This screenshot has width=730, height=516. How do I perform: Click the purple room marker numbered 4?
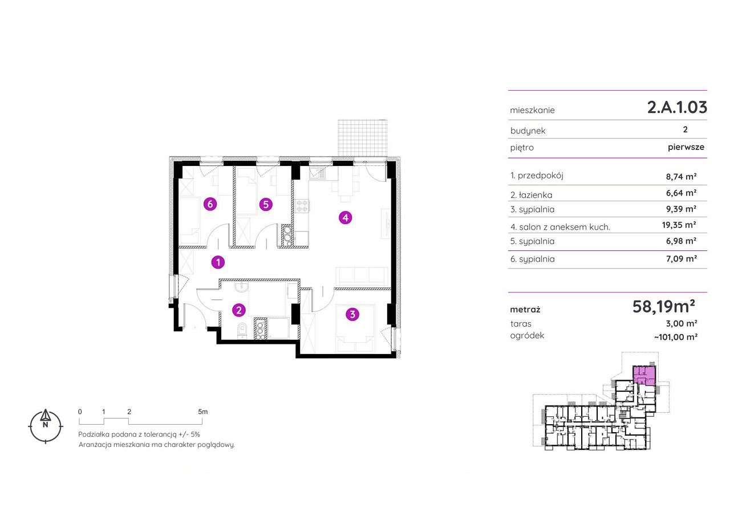(344, 217)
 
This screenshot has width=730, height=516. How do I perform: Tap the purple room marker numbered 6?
(210, 204)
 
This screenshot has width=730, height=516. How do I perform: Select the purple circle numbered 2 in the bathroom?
(239, 310)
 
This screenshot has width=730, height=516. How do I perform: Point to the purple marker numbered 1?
(218, 262)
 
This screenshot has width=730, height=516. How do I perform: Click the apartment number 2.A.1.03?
(677, 107)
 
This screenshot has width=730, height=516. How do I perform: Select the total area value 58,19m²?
(663, 307)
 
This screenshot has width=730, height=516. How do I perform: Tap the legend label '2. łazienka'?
(532, 195)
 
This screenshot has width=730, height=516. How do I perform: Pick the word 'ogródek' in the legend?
(527, 336)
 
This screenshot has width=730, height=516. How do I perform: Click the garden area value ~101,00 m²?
(676, 336)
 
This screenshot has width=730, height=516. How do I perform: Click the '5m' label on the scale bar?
(203, 411)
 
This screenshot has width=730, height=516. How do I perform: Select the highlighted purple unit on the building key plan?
(644, 375)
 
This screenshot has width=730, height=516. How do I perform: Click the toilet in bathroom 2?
(241, 330)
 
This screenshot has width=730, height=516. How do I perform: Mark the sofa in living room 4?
(361, 276)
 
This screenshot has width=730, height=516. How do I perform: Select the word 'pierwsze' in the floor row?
(686, 147)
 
